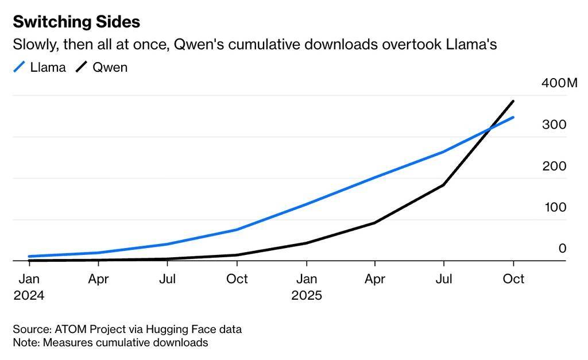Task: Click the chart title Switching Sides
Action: coord(76,22)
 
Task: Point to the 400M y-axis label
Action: coord(559,83)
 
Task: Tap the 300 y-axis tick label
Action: coord(555,125)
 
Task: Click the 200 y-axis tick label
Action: coord(555,166)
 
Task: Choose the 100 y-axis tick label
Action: coord(555,207)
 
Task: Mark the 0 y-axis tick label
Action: coord(562,249)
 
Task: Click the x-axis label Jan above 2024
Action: coord(29,279)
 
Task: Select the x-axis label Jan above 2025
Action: coord(306,279)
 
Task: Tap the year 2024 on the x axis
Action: coord(29,296)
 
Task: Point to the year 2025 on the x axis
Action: coord(306,296)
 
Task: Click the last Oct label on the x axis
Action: coord(513,279)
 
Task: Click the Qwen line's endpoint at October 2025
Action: coord(513,101)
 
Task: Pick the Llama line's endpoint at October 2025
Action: coord(513,117)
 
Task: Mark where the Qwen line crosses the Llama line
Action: coord(489,130)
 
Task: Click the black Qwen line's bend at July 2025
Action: coord(444,185)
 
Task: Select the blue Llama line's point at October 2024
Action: coord(237,230)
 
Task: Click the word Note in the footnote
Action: coord(25,343)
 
